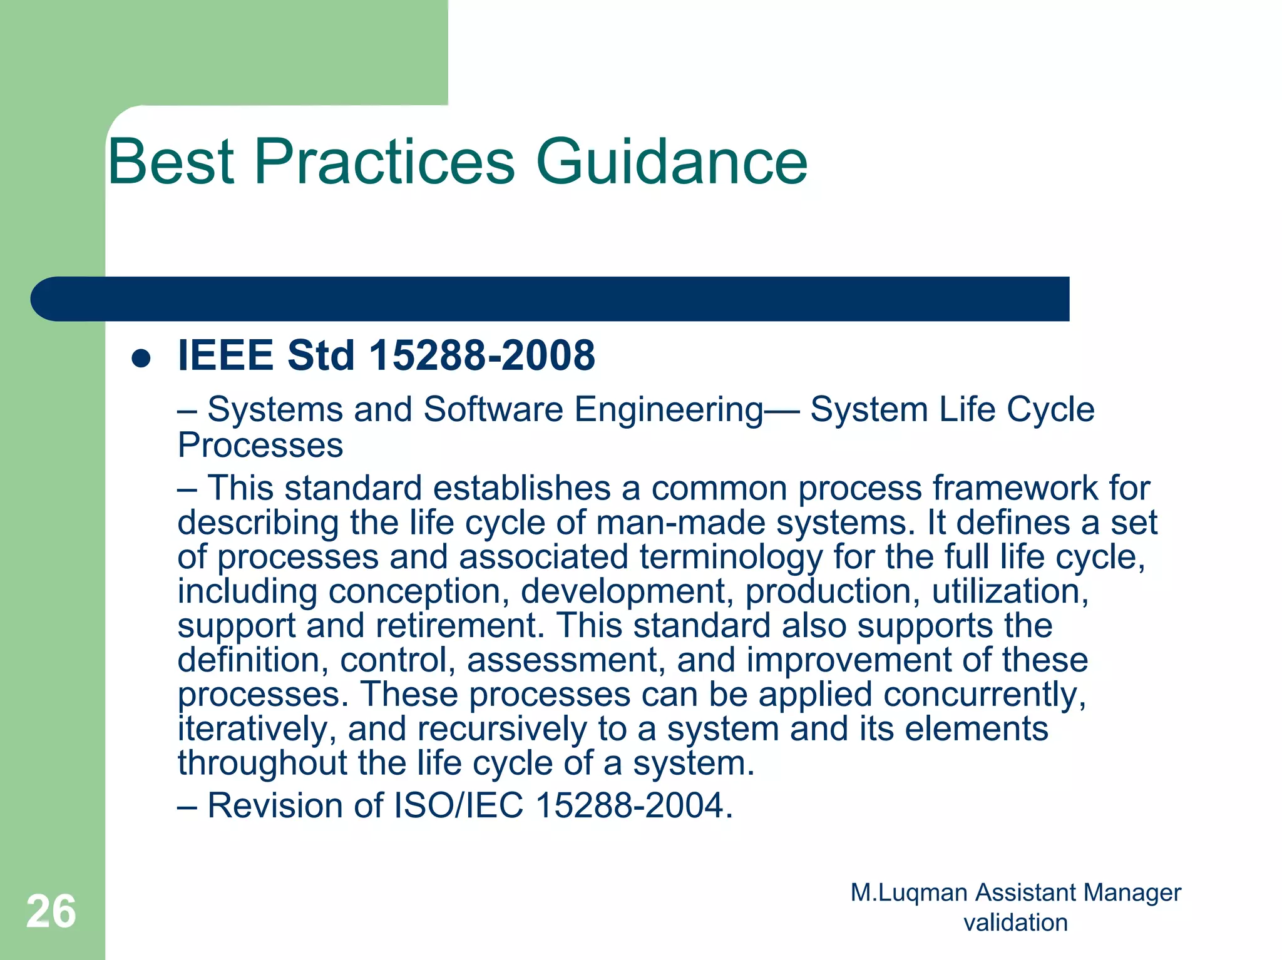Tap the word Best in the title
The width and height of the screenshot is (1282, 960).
(x=171, y=162)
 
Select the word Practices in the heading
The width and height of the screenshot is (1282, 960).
(x=384, y=162)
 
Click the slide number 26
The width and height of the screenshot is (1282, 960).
(x=51, y=912)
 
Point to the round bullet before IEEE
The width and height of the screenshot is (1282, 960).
(x=141, y=359)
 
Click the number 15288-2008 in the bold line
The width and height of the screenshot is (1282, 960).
(x=482, y=355)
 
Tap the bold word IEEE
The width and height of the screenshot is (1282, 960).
(x=226, y=355)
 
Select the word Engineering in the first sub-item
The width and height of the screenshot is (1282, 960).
(x=669, y=411)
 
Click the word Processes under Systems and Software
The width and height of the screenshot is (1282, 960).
(x=260, y=446)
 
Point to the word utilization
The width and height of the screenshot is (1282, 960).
(x=1010, y=591)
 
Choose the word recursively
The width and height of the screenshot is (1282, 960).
(x=502, y=729)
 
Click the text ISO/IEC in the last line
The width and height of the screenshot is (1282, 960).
(x=458, y=805)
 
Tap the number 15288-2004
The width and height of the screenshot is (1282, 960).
(x=633, y=805)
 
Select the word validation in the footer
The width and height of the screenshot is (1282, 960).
(x=1015, y=923)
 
